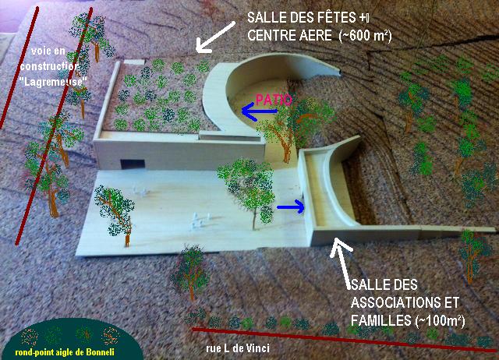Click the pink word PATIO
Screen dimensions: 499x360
click(x=274, y=100)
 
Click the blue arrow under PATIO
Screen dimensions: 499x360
click(x=260, y=111)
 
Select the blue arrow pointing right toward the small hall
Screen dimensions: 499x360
click(x=291, y=207)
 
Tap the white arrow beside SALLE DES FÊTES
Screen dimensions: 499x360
click(x=215, y=37)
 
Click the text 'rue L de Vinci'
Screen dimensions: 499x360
click(x=237, y=348)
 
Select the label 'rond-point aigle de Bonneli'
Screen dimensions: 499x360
click(x=65, y=352)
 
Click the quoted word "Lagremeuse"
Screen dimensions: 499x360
click(x=53, y=82)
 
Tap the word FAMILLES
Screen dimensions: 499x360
click(x=380, y=320)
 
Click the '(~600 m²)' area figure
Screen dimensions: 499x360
click(x=366, y=35)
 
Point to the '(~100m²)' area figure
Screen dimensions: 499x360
click(x=440, y=320)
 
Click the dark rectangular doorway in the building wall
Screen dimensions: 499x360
click(x=133, y=164)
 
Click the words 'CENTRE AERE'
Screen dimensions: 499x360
click(x=290, y=35)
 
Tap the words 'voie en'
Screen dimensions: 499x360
click(x=48, y=51)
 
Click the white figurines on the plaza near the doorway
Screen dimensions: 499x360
click(x=140, y=191)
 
